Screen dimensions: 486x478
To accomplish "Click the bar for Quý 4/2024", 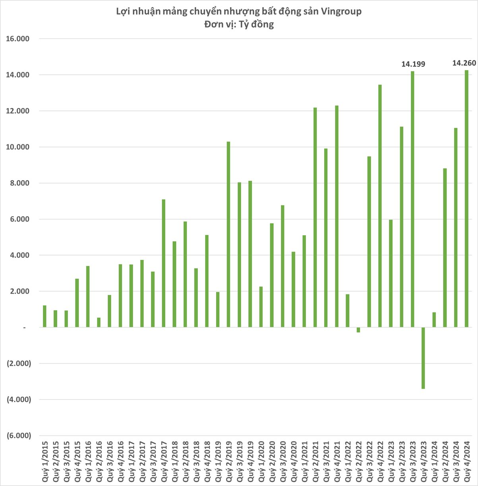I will coord(466,199).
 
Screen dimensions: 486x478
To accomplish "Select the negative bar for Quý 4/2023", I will coord(423,358).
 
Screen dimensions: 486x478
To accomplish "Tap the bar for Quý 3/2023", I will coord(412,199).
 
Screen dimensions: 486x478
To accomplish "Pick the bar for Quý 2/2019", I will coord(228,234).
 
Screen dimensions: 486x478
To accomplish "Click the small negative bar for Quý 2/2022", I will coord(358,330).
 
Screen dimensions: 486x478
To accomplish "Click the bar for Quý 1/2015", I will coord(45,316).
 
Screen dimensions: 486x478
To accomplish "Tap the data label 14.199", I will coord(413,64).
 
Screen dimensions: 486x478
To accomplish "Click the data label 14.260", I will coord(464,62).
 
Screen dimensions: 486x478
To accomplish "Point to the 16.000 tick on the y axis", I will coord(19,39).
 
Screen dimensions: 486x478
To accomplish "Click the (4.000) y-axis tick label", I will coord(19,399).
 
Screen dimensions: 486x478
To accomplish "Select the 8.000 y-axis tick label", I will coord(20,183).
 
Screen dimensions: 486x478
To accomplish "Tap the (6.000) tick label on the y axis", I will coord(19,436).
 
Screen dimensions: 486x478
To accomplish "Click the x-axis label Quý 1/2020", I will coord(261,461).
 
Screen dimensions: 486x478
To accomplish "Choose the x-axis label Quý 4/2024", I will coord(466,461).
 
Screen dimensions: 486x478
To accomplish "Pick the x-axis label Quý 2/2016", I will coord(99,461).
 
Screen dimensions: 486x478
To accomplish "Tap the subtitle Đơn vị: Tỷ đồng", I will coord(239,24).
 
